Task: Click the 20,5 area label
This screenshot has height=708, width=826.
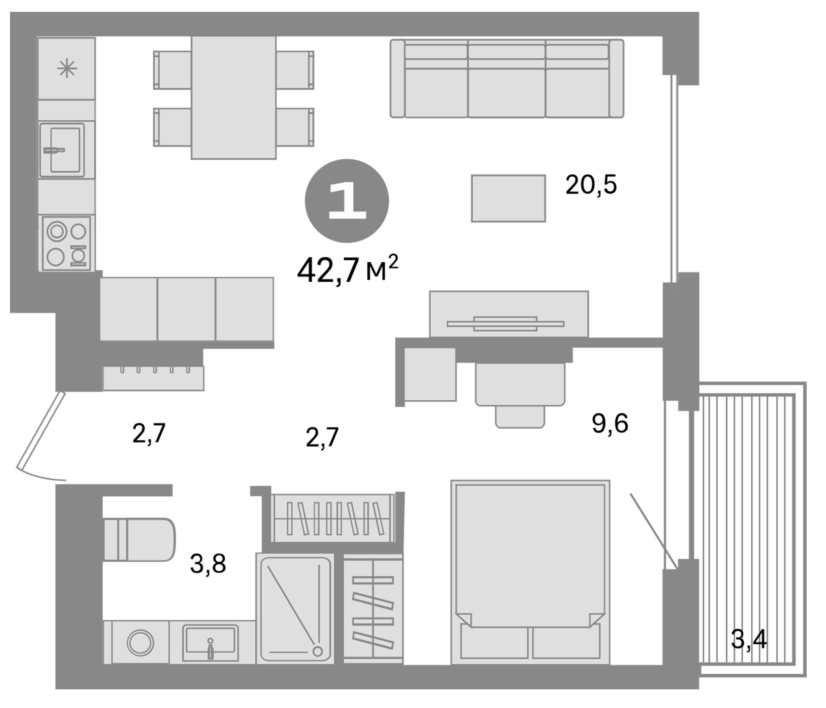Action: pos(591,185)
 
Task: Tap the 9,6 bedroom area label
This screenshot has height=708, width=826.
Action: pos(610,423)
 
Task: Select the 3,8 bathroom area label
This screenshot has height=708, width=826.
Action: pos(208,564)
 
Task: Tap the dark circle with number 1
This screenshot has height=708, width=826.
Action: pos(347,201)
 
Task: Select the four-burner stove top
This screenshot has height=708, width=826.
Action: pos(66,243)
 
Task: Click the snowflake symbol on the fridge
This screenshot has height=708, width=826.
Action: pos(67,68)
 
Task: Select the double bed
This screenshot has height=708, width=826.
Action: pos(530,574)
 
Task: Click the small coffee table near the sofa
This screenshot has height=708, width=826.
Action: pos(508,198)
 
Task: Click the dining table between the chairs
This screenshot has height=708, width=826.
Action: pos(234,98)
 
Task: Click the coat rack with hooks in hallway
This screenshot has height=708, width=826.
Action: pos(153,378)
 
